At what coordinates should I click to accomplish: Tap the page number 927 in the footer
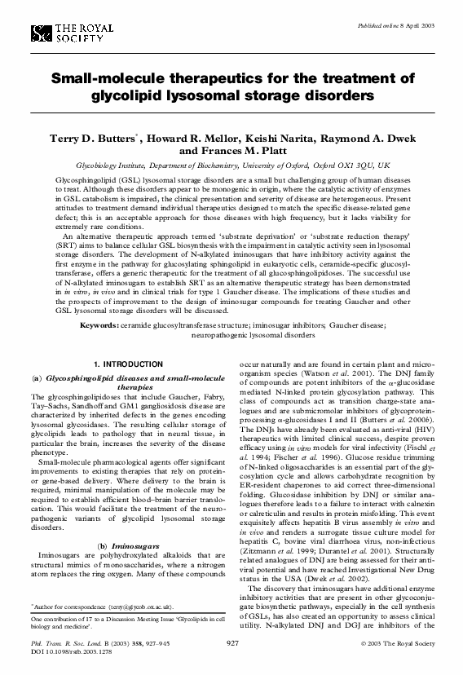tap(231, 643)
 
